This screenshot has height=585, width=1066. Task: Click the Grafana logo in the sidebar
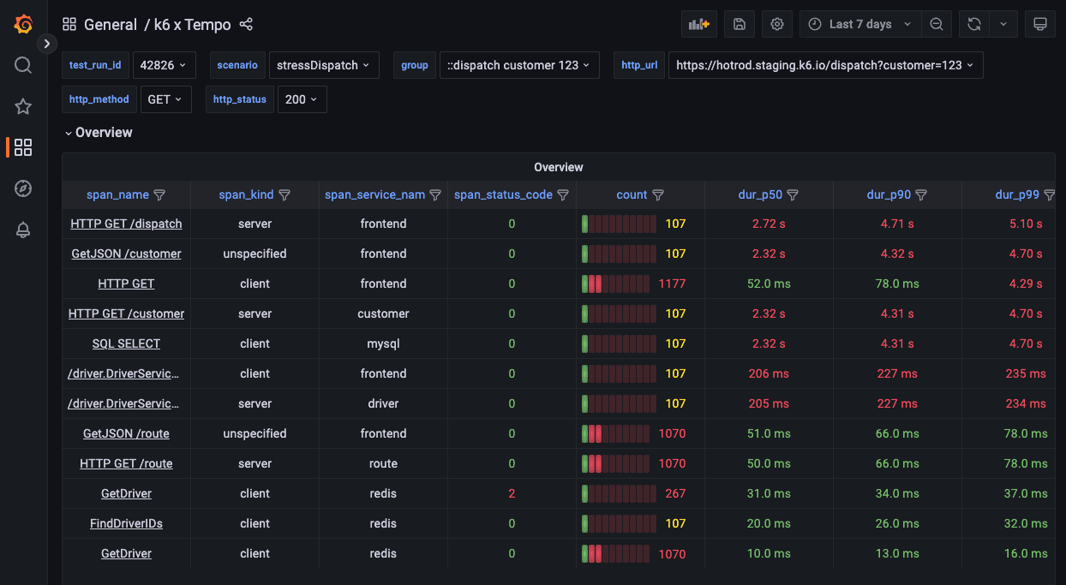click(23, 24)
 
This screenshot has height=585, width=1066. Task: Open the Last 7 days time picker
click(860, 24)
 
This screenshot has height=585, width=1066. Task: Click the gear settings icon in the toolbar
click(777, 24)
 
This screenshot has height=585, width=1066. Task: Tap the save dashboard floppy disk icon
click(740, 24)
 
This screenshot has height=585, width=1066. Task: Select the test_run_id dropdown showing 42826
click(165, 65)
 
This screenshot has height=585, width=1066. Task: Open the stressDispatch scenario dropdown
click(323, 65)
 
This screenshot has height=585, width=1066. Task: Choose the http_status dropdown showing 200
click(302, 99)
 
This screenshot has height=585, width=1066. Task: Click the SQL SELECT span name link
click(126, 343)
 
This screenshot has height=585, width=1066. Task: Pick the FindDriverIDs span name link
click(126, 523)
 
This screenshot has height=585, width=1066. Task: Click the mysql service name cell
click(383, 343)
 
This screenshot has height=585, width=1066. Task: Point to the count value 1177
click(672, 284)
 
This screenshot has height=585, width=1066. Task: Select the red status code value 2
click(512, 493)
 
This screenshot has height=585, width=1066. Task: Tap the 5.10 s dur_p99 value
click(1026, 224)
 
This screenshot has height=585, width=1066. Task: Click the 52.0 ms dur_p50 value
click(769, 284)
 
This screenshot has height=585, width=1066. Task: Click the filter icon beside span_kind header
click(284, 195)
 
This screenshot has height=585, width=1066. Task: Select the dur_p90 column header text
click(888, 195)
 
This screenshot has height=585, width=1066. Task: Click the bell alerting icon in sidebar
click(23, 230)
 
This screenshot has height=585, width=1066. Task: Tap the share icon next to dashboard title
click(246, 25)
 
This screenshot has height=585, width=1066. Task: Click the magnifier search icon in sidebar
click(23, 65)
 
